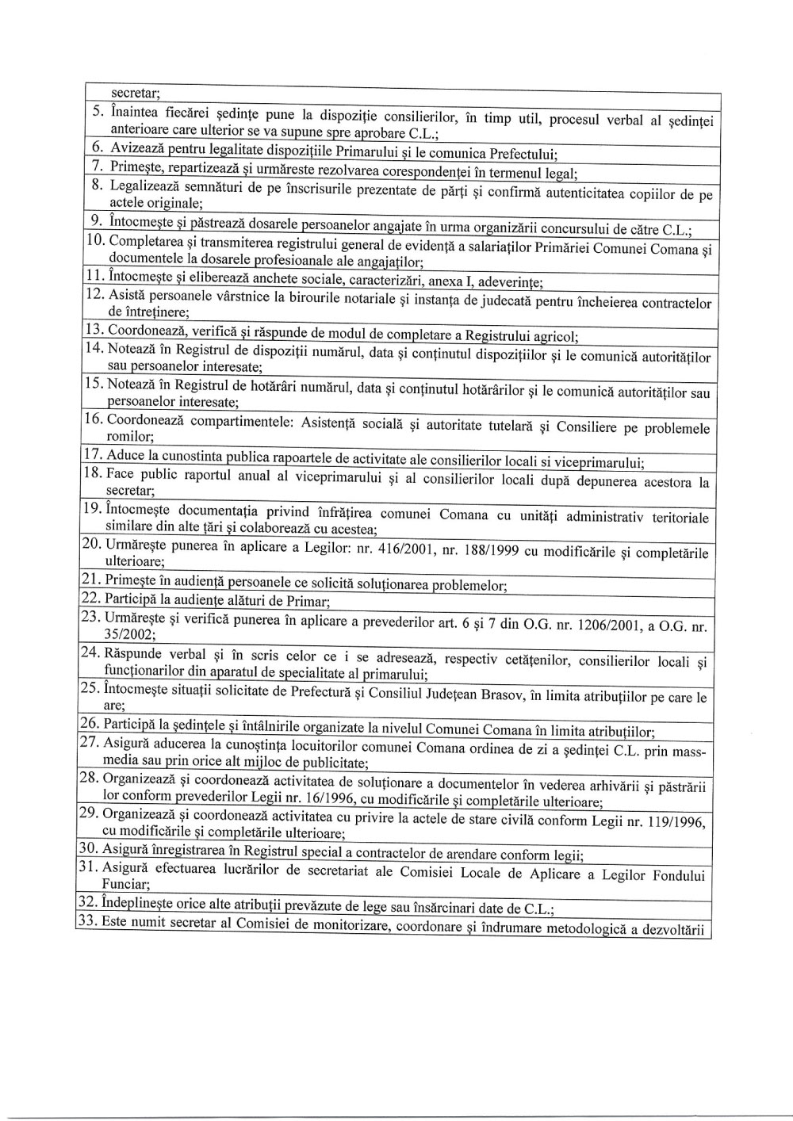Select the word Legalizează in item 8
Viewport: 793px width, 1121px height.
click(144, 186)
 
